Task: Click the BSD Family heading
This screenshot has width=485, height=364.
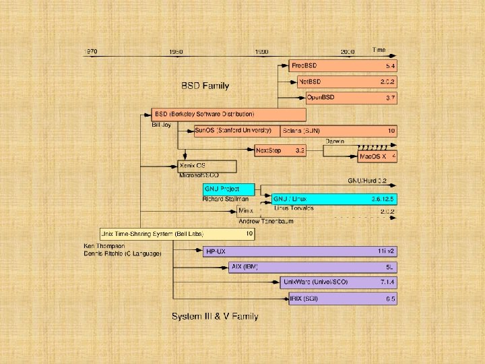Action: pos(205,86)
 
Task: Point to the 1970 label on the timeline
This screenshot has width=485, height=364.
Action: pos(92,51)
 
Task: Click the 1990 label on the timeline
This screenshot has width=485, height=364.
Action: pos(262,51)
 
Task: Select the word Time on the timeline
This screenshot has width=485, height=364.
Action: pos(379,50)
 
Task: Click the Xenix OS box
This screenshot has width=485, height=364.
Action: pos(207,166)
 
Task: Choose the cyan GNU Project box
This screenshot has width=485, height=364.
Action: pos(220,189)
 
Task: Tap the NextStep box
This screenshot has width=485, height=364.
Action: pos(280,151)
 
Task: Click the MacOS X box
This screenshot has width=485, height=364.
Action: pos(377,156)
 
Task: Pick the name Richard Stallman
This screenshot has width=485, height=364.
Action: pos(226,200)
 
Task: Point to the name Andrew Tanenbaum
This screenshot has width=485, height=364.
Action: pos(266,221)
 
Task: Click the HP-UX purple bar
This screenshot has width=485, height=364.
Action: pos(300,251)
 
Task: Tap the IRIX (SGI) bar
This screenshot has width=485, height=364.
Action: pos(339,298)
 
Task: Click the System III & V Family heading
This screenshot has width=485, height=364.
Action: pos(214,316)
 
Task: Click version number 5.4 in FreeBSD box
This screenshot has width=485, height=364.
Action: pos(390,67)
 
